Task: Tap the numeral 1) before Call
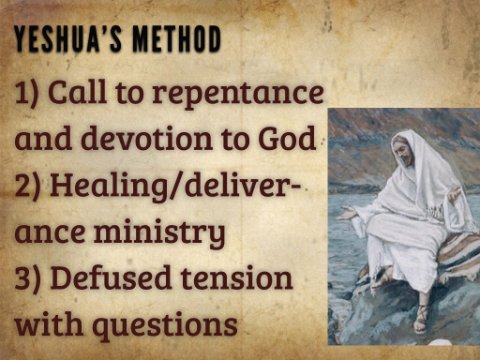28,93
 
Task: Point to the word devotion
147,137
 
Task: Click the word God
287,137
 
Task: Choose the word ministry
159,231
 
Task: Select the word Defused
110,277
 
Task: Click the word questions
167,324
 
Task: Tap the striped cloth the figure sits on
452,252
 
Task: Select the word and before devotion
43,137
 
